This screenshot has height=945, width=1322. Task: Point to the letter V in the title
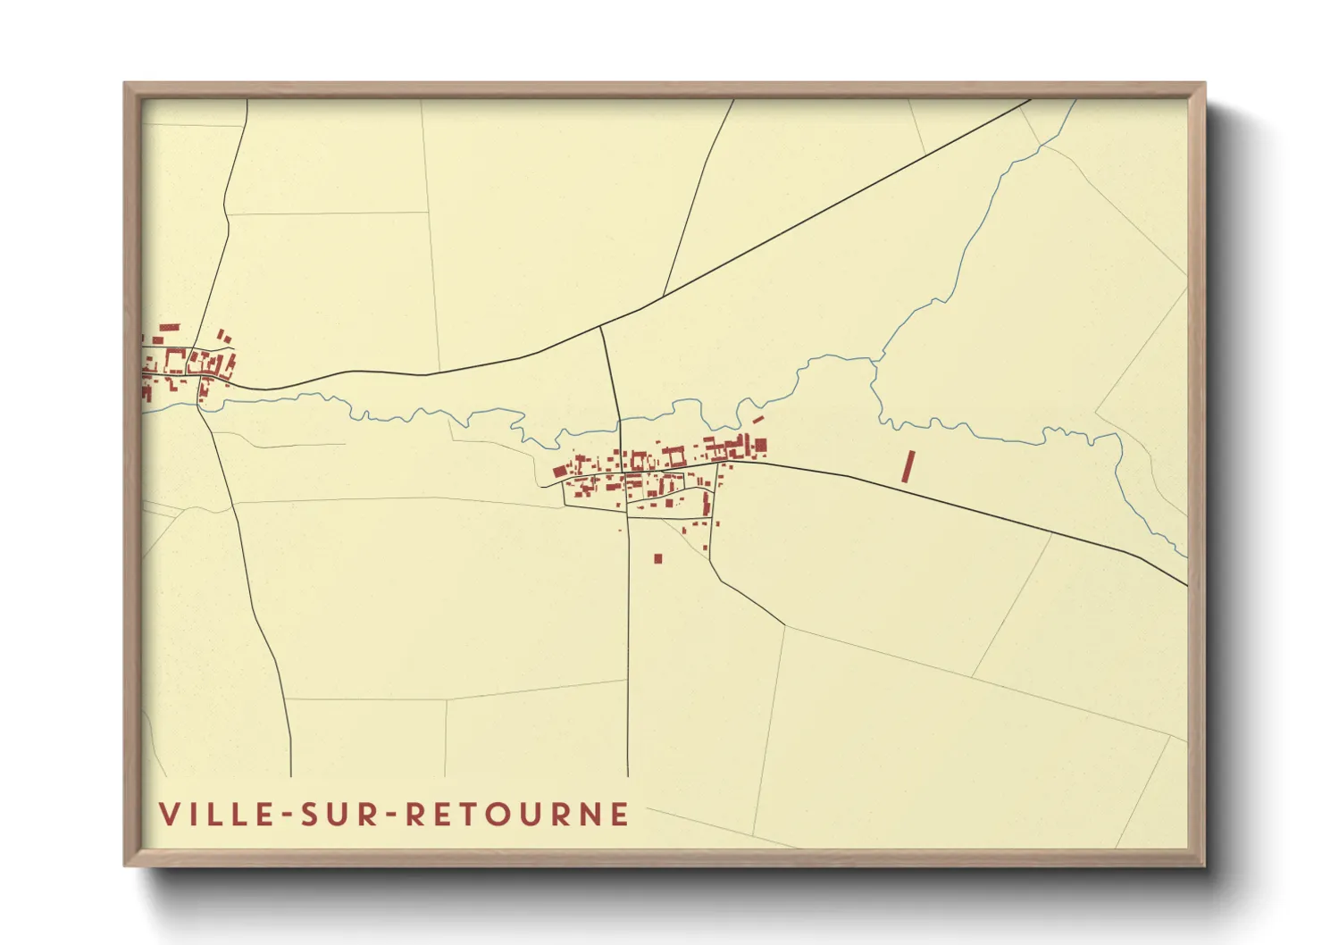[x=169, y=814]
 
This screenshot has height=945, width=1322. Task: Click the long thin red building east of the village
[x=908, y=466]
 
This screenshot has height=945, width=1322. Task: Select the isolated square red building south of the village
[x=658, y=559]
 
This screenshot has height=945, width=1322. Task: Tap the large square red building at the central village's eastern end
[x=760, y=444]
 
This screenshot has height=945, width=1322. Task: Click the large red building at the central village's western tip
[x=560, y=471]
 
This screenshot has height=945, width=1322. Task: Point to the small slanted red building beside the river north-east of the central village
[x=757, y=418]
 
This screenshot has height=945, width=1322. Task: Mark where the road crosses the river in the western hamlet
[x=199, y=403]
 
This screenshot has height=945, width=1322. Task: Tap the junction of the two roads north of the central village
[x=600, y=327]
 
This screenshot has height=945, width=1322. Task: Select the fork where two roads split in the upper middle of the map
[x=663, y=295]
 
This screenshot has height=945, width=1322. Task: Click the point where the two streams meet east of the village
[x=874, y=362]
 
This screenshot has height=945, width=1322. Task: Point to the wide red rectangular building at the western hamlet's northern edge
[x=169, y=328]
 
